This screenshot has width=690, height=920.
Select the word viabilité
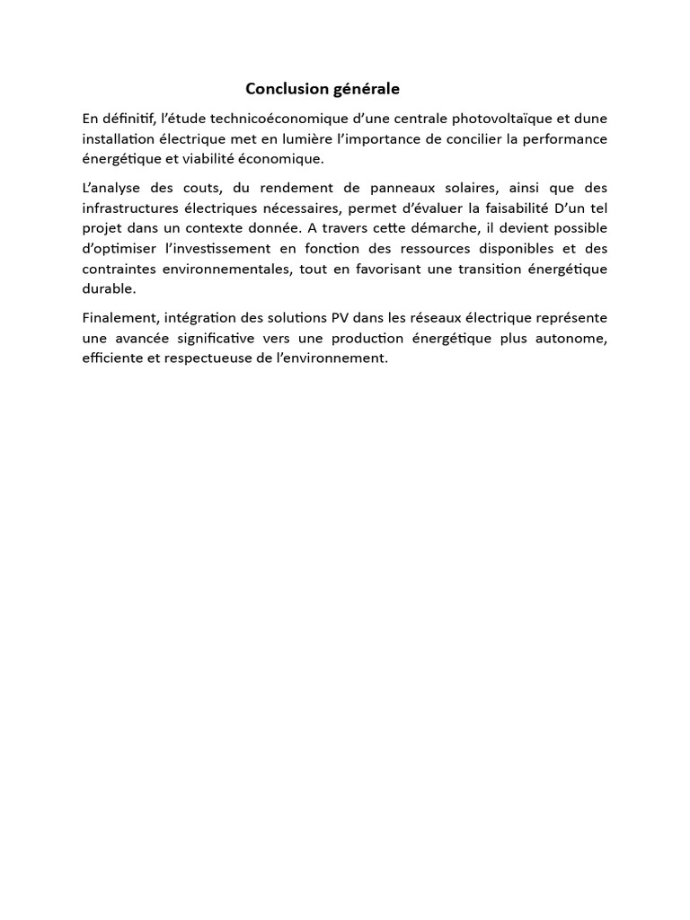[200, 159]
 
